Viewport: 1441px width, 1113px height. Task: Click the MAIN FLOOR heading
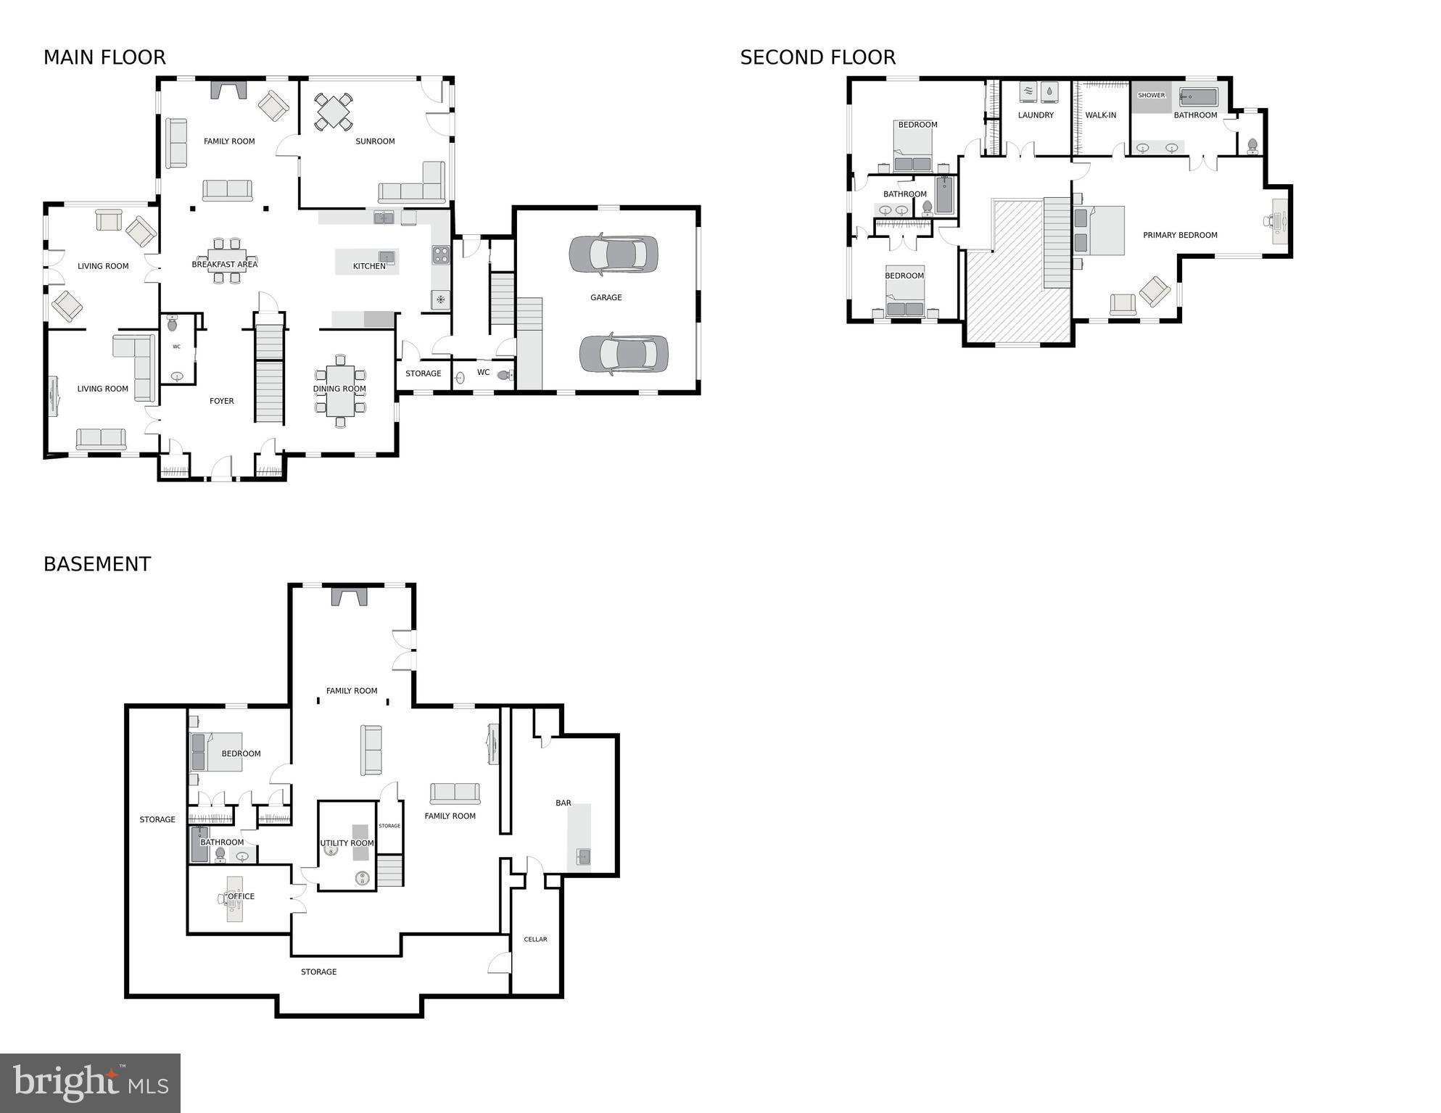point(104,57)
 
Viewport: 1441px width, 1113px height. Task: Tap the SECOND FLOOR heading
point(817,57)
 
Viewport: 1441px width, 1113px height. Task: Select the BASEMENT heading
point(97,564)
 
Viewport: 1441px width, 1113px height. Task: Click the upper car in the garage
point(614,255)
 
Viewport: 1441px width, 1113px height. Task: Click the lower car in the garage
point(624,354)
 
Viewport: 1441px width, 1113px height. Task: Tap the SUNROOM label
point(375,141)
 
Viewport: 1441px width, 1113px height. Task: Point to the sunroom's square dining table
point(334,112)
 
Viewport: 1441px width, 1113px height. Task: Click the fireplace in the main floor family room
point(228,90)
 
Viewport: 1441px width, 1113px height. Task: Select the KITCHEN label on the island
point(369,266)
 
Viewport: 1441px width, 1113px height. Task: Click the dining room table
point(340,391)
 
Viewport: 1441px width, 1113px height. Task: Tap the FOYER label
point(222,401)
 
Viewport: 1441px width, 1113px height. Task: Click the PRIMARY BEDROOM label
point(1180,235)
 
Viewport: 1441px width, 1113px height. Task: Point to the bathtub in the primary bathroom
point(1197,97)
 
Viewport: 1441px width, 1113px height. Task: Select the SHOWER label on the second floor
point(1151,96)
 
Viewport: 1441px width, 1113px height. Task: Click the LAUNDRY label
point(1036,115)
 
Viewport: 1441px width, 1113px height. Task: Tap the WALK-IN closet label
point(1100,115)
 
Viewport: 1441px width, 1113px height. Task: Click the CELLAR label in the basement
point(535,939)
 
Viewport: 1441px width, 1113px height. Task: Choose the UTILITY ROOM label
point(347,843)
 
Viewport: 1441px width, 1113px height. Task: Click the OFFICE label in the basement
point(241,896)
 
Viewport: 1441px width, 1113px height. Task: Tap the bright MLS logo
point(90,1083)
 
